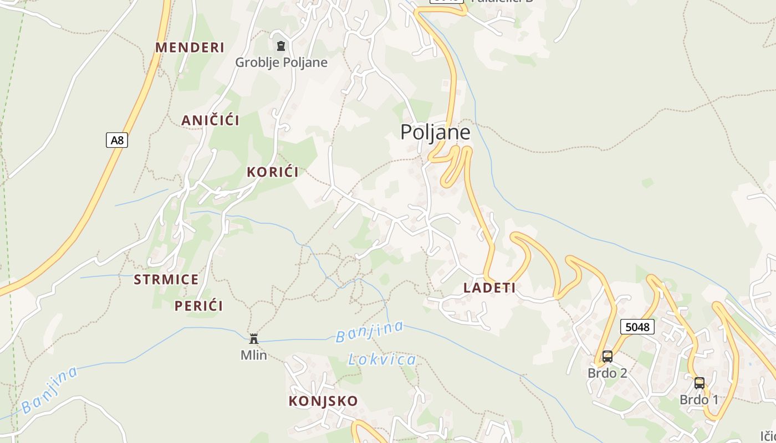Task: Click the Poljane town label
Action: point(435,132)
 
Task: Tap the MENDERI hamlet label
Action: point(190,48)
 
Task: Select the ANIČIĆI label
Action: point(210,120)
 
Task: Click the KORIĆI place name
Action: point(273,172)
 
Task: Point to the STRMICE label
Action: point(166,279)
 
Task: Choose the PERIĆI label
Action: point(198,306)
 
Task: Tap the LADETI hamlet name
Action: point(489,287)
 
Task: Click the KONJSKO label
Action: point(323,401)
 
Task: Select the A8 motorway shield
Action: point(117,140)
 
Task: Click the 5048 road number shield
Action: point(637,327)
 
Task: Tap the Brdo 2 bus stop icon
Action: point(607,357)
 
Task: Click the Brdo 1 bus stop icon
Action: point(699,383)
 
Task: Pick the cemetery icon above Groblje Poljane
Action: point(281,46)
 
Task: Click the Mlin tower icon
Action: point(254,338)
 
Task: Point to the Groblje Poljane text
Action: point(281,62)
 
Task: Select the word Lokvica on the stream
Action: point(382,360)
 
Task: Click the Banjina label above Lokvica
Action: point(370,331)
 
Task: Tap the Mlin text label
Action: point(254,355)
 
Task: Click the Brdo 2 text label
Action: point(607,373)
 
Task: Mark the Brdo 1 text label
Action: point(699,400)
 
